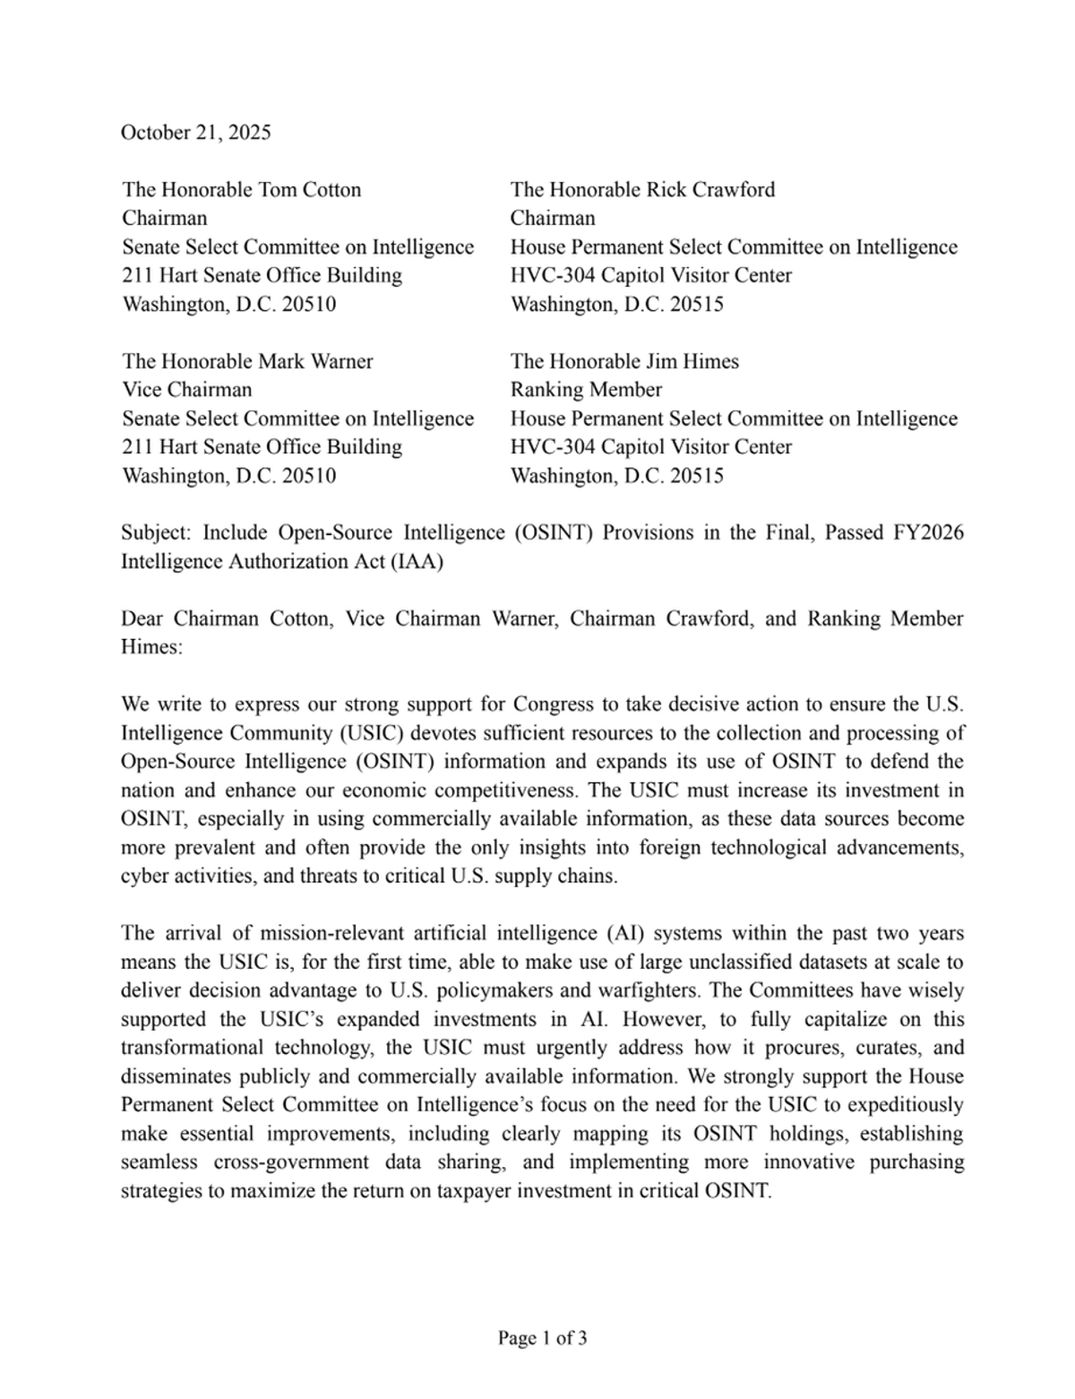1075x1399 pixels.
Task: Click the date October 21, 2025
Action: pos(195,133)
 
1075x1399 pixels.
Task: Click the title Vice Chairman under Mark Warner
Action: pos(186,390)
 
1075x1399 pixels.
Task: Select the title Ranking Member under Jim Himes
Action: pos(586,390)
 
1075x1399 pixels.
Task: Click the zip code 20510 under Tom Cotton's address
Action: pos(309,304)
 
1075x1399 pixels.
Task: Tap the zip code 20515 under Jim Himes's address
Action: pos(696,476)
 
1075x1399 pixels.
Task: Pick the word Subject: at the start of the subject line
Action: pos(156,532)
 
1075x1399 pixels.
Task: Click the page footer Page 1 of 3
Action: pos(543,1339)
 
